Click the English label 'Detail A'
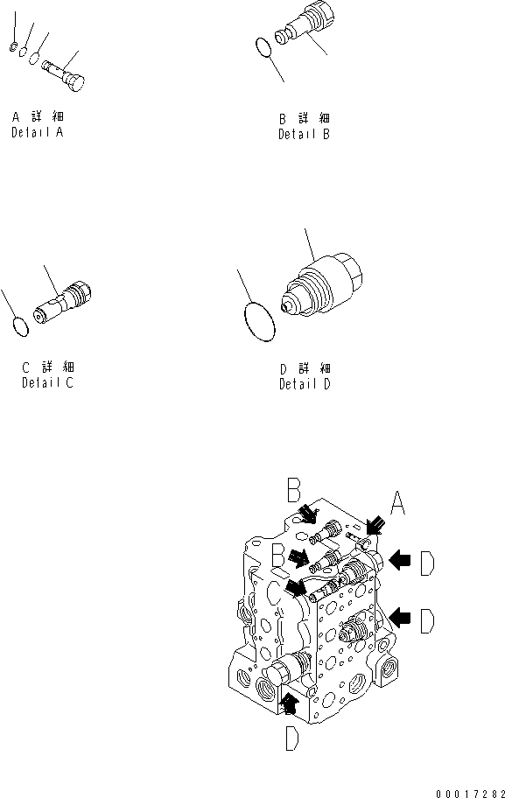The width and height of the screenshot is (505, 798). [x=38, y=133]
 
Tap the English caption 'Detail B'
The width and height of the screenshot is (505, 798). [x=305, y=135]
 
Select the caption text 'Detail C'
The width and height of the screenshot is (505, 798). [x=48, y=382]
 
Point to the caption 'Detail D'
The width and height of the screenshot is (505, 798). [x=305, y=384]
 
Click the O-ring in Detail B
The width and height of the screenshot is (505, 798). [x=263, y=49]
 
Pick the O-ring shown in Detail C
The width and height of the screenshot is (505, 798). [x=20, y=325]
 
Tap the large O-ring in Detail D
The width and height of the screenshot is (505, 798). [x=259, y=322]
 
